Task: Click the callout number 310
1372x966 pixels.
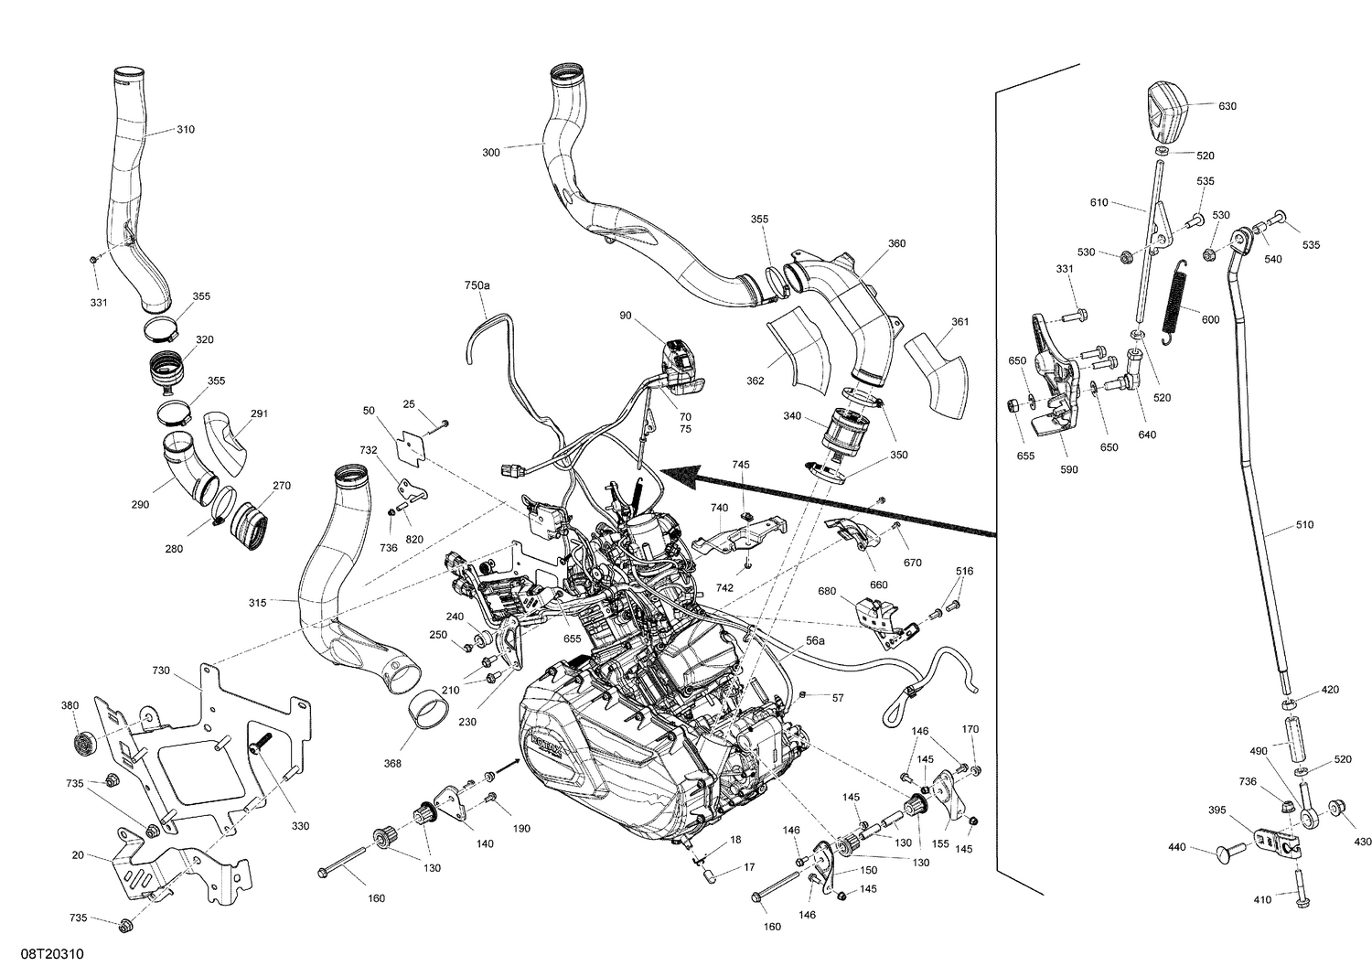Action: [185, 130]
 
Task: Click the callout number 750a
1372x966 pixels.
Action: [477, 286]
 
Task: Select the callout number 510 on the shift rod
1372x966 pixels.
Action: [1304, 525]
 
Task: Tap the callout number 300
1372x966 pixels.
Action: [491, 153]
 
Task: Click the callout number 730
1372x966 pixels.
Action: [161, 671]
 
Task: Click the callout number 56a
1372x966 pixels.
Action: [815, 642]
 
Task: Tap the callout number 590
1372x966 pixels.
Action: [1068, 469]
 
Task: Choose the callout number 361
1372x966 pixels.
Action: [959, 322]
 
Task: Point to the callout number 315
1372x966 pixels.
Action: [257, 603]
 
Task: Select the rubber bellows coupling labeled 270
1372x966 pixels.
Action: [251, 524]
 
